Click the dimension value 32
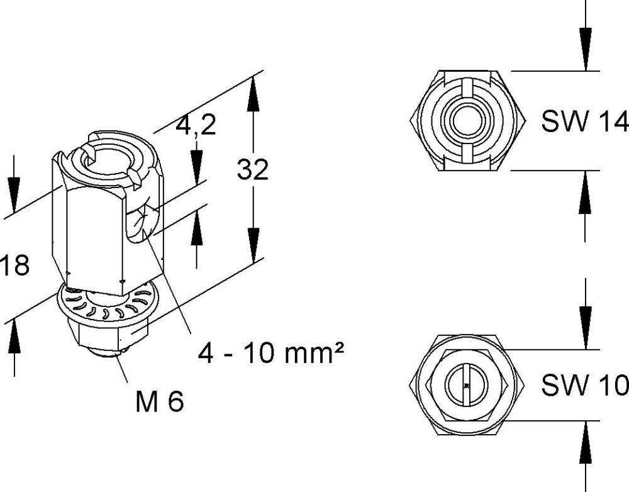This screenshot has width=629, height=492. pos(253,170)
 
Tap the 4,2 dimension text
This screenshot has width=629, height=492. pos(196,126)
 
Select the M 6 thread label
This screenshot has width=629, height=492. pos(160,401)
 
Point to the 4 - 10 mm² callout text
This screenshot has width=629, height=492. pos(271,354)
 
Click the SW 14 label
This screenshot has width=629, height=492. pos(584,123)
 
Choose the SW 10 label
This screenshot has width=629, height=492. pos(584,386)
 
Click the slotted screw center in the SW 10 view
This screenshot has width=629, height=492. pos(466,384)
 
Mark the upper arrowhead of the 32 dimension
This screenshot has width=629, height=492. pos(253,91)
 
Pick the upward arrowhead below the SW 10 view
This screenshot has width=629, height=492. pos(586,438)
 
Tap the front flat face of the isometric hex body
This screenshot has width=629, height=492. pos(94,233)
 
